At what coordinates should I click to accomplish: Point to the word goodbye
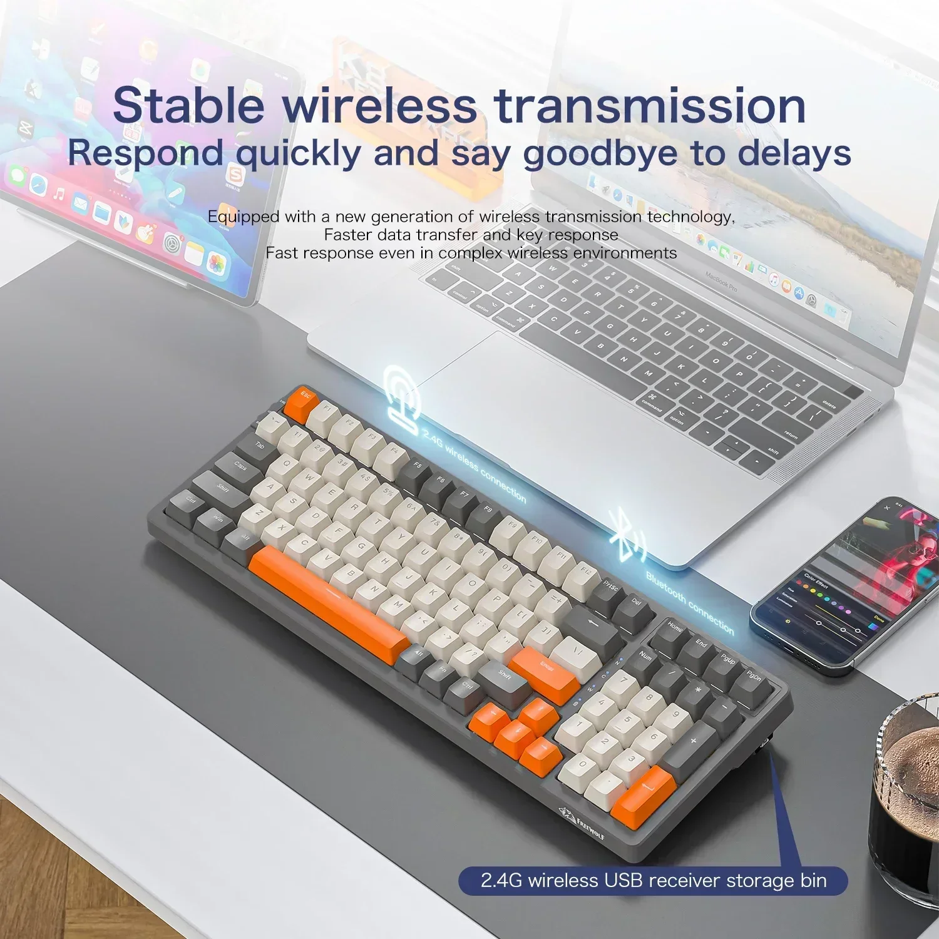(600, 153)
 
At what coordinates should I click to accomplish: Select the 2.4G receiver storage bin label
(653, 880)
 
